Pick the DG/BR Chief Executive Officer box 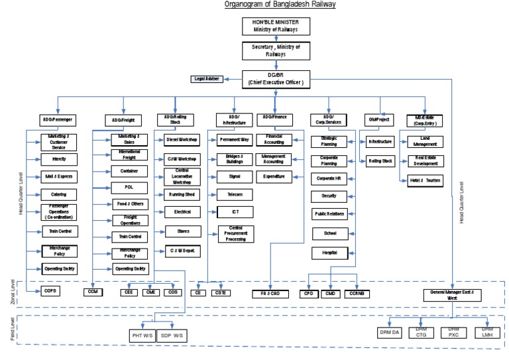275,78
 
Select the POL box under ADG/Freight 129,188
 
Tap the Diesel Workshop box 182,140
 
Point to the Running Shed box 182,194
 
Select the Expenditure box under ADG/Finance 274,176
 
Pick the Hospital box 330,253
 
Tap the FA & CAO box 270,292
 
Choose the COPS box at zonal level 51,291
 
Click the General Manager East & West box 453,295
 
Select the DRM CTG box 420,331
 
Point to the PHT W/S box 141,335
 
